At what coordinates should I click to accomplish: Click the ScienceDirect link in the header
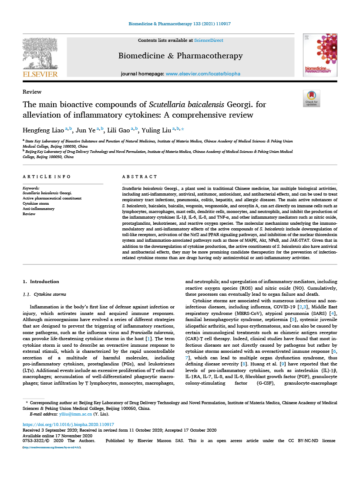tap(209, 41)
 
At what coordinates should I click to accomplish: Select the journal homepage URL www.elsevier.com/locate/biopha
tap(203, 74)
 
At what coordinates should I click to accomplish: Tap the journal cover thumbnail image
tap(320, 56)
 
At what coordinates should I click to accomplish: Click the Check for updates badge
tap(311, 98)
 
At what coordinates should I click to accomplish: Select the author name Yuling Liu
tap(156, 130)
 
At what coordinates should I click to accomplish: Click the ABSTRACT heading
tap(140, 177)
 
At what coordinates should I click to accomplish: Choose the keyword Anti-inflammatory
tap(39, 209)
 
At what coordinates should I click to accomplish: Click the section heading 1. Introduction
tap(41, 281)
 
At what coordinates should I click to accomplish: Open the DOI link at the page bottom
tap(68, 424)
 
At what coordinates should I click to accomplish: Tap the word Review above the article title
tap(32, 92)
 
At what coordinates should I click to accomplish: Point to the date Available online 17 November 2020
tap(57, 436)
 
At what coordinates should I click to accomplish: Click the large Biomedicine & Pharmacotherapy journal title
tap(180, 56)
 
